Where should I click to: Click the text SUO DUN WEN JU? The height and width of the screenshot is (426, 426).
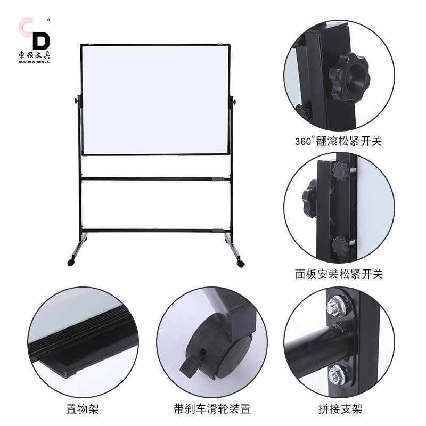pyautogui.click(x=34, y=60)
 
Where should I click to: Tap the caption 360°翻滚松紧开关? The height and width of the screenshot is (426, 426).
pyautogui.click(x=339, y=142)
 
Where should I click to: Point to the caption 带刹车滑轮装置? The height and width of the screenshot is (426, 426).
pyautogui.click(x=211, y=409)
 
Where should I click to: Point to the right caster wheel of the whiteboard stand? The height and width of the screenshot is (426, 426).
pyautogui.click(x=240, y=264)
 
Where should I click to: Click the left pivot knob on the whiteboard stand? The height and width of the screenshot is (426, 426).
pyautogui.click(x=77, y=101)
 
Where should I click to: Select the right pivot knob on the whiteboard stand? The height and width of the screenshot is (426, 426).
pyautogui.click(x=233, y=101)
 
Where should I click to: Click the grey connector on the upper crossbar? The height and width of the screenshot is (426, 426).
pyautogui.click(x=216, y=179)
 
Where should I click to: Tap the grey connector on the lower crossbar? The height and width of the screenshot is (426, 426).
pyautogui.click(x=216, y=231)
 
